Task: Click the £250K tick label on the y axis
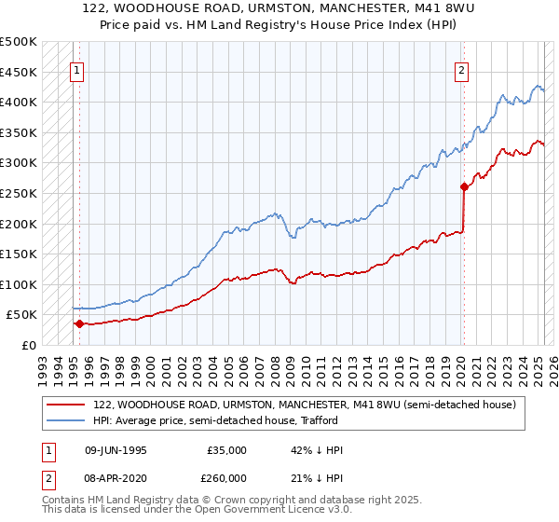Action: (x=19, y=193)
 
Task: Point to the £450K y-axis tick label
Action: (x=19, y=72)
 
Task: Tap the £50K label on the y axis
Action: (x=22, y=315)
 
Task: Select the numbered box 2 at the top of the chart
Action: (x=462, y=68)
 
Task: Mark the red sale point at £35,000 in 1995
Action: (x=79, y=324)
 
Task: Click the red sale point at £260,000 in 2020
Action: (x=464, y=186)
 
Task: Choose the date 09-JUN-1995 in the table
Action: (x=116, y=450)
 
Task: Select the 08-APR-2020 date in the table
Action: (x=116, y=478)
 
